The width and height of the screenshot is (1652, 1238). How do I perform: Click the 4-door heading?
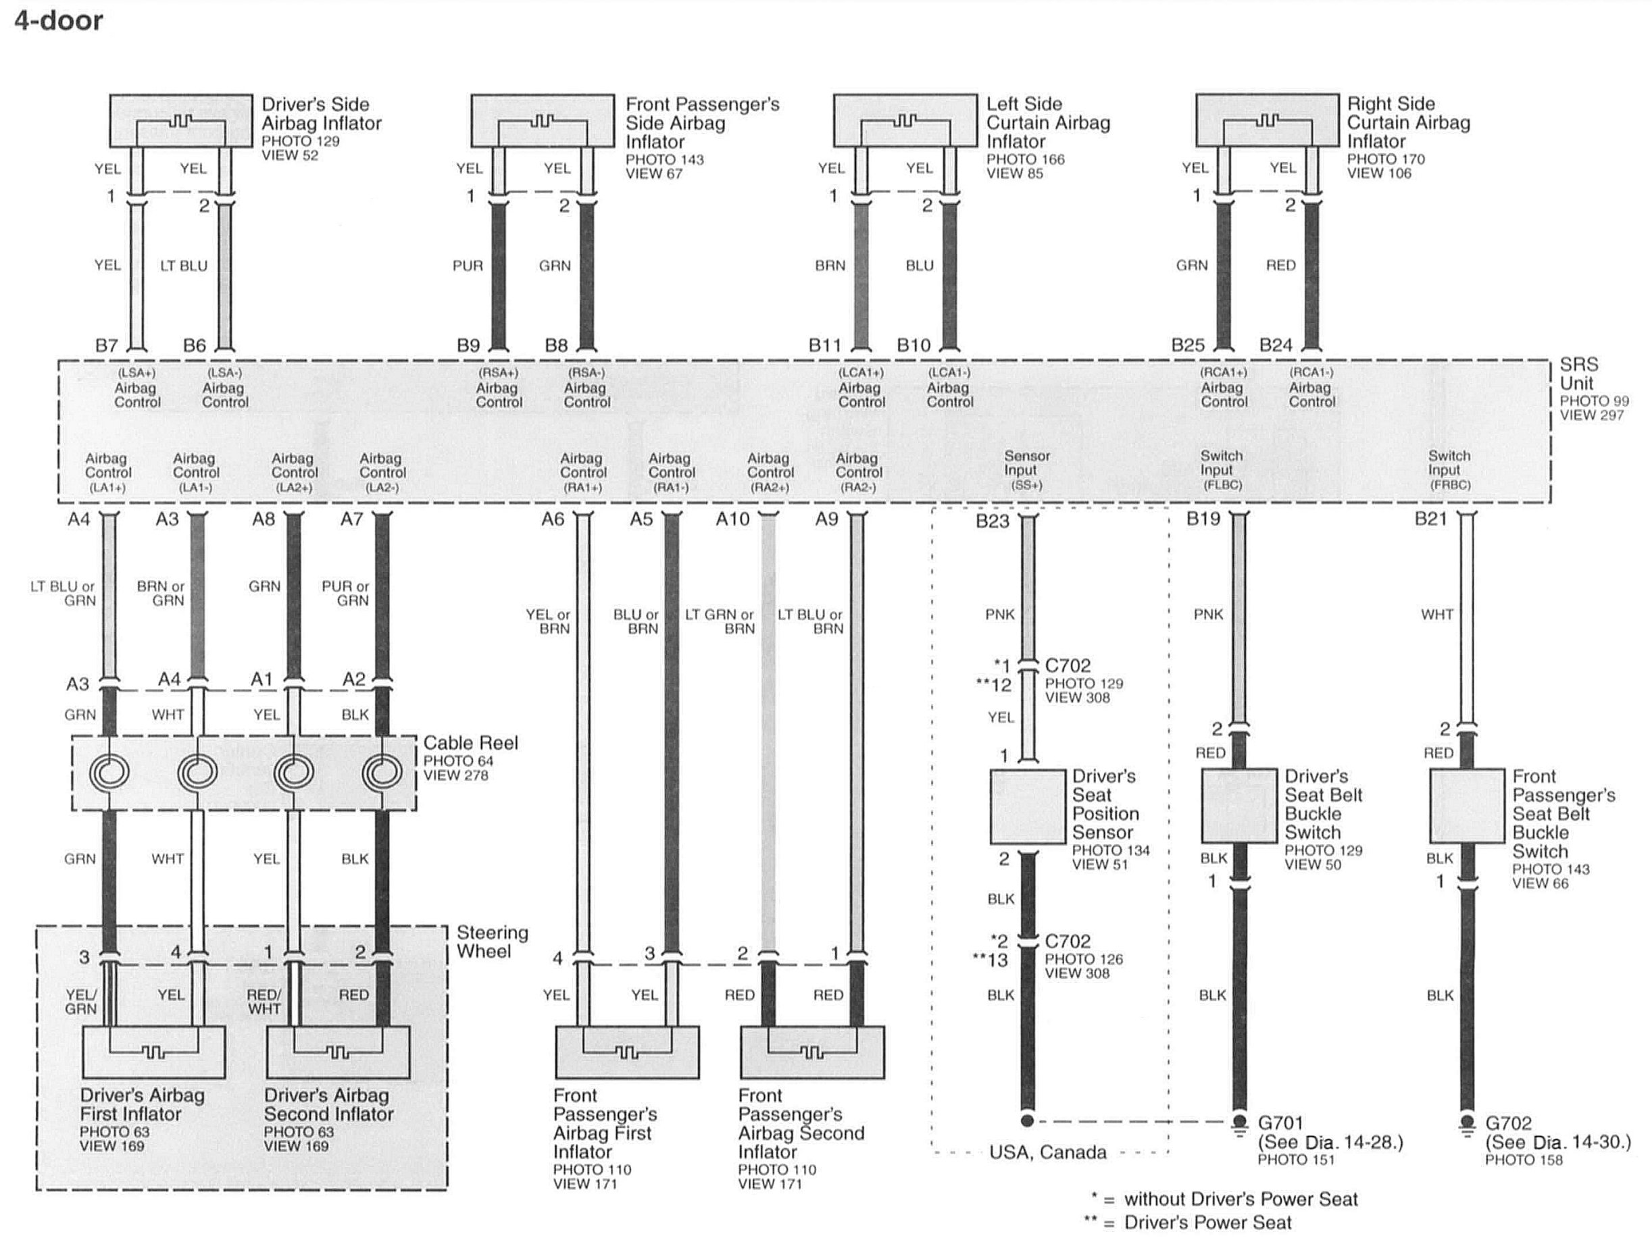[x=58, y=20]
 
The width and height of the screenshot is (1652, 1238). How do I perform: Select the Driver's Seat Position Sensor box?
[x=1027, y=806]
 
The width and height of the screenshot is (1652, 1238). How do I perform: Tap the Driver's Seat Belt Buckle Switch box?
[x=1238, y=806]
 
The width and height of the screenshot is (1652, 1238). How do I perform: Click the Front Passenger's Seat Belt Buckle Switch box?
[x=1466, y=806]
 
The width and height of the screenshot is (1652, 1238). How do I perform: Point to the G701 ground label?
[x=1281, y=1123]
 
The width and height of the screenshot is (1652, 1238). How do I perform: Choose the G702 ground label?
[x=1508, y=1123]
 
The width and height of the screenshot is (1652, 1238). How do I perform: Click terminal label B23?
[x=993, y=521]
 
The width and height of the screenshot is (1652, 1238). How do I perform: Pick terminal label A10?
[x=732, y=519]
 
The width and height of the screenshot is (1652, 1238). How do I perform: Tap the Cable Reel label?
[x=470, y=743]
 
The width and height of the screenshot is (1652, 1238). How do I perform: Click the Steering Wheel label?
[x=492, y=942]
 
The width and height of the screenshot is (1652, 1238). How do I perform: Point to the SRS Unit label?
[x=1579, y=374]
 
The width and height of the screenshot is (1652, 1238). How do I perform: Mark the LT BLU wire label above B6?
[x=184, y=266]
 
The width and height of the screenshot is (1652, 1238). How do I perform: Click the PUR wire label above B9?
[x=468, y=266]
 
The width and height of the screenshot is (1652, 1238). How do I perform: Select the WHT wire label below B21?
[x=1437, y=615]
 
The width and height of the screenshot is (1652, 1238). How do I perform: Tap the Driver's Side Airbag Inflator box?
[x=180, y=121]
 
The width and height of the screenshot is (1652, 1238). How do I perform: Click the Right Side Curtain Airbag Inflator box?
[x=1267, y=120]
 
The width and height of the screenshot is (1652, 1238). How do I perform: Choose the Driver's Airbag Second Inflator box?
[x=338, y=1052]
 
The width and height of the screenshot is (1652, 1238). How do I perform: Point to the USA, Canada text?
[x=1047, y=1152]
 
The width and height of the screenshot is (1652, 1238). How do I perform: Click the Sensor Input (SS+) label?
[x=1026, y=470]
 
